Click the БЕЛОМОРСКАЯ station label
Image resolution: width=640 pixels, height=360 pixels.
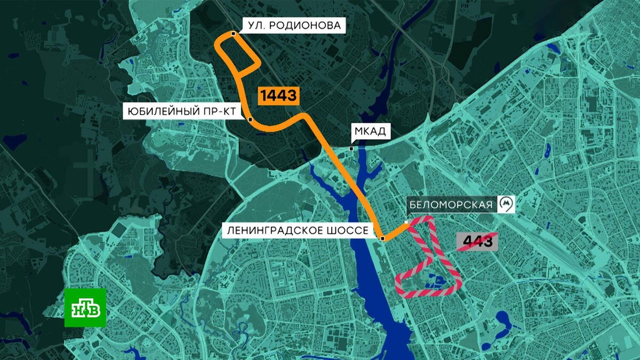click(x=449, y=204)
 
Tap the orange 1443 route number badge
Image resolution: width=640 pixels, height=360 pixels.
click(x=278, y=95)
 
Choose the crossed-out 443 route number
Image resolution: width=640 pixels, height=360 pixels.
click(x=477, y=242)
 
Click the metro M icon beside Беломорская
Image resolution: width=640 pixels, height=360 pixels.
click(x=506, y=204)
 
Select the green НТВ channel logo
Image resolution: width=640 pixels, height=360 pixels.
click(x=85, y=308)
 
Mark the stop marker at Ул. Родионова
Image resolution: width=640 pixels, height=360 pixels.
click(x=234, y=34)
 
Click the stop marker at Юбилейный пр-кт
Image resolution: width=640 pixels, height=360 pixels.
click(x=250, y=119)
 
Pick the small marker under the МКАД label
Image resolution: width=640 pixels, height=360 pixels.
click(x=351, y=148)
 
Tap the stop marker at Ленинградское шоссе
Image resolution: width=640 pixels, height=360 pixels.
click(x=382, y=238)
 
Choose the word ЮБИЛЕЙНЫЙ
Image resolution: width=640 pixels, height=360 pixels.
click(x=161, y=111)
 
